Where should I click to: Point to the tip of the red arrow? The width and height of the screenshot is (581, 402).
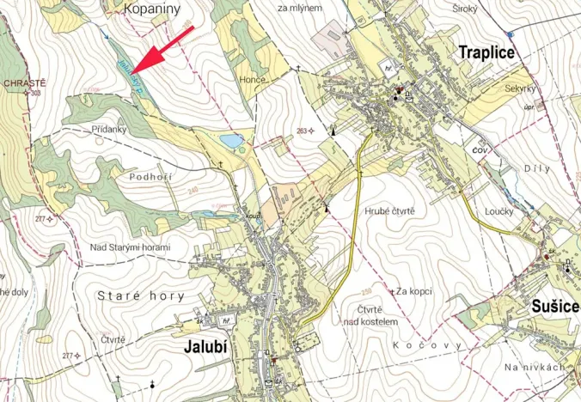point(135,70)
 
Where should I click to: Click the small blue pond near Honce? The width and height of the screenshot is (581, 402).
point(230,140)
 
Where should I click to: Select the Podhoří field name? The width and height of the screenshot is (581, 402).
point(150,177)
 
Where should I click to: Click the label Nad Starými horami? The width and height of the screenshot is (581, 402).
point(131,247)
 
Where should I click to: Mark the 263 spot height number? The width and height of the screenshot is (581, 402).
point(301,131)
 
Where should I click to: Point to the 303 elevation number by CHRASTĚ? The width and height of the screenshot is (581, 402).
point(34,93)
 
